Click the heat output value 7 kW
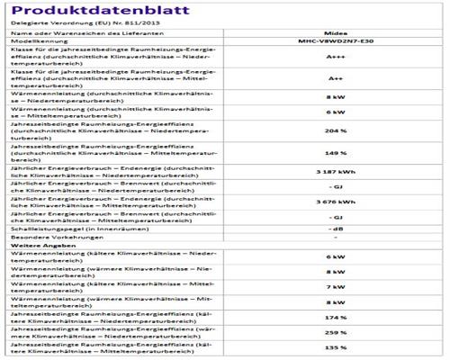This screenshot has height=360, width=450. [331, 288]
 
